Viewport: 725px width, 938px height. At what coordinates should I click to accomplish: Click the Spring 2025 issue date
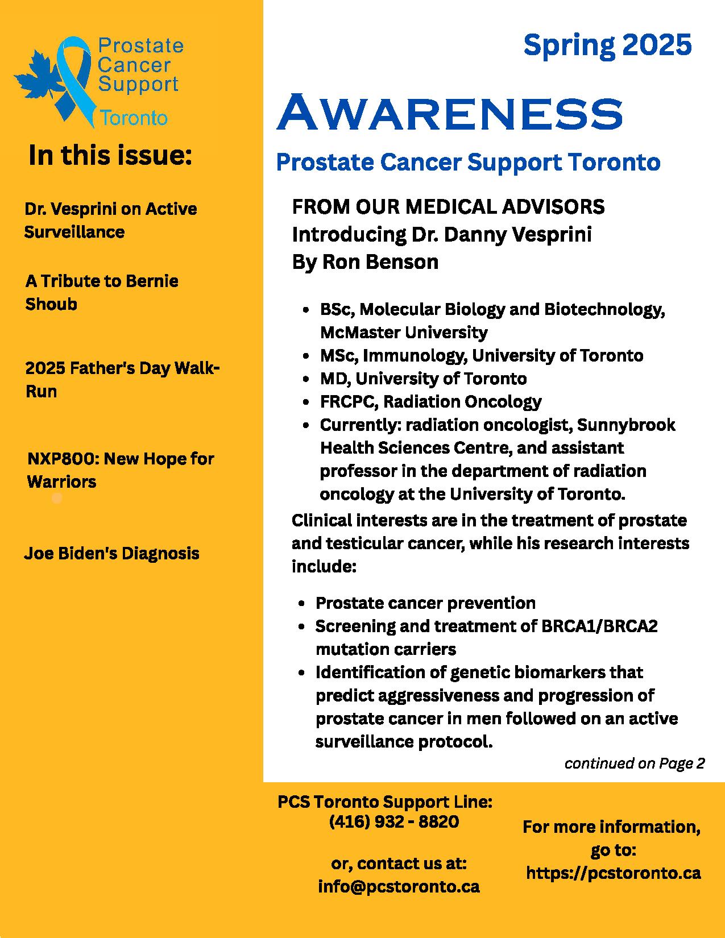click(x=607, y=45)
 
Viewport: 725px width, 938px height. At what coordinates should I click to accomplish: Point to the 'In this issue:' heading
click(x=110, y=155)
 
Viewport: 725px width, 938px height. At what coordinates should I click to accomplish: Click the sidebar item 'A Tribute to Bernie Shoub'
click(x=101, y=292)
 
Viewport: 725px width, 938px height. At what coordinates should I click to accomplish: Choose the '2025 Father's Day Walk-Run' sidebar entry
click(x=122, y=379)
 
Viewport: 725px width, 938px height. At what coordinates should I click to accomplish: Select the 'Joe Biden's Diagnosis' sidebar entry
click(x=111, y=553)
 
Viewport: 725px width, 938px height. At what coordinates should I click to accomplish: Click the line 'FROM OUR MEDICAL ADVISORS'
click(x=448, y=207)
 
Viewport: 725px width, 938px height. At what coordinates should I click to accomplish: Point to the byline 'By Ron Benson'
click(x=365, y=262)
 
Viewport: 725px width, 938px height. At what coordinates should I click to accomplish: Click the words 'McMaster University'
click(x=404, y=332)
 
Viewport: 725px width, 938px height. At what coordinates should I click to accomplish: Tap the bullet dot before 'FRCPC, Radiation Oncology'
click(x=307, y=402)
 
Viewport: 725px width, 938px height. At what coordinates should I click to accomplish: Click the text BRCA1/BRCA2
click(x=600, y=626)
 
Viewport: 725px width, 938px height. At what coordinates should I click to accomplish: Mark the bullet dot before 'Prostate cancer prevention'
click(x=303, y=604)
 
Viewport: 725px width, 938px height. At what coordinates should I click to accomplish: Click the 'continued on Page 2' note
click(x=634, y=763)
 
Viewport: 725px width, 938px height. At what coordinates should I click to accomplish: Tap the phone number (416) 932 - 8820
click(x=394, y=821)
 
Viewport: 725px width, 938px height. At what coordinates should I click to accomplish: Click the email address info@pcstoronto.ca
click(x=399, y=886)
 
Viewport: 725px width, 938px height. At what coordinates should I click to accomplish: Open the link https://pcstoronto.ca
click(x=613, y=873)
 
